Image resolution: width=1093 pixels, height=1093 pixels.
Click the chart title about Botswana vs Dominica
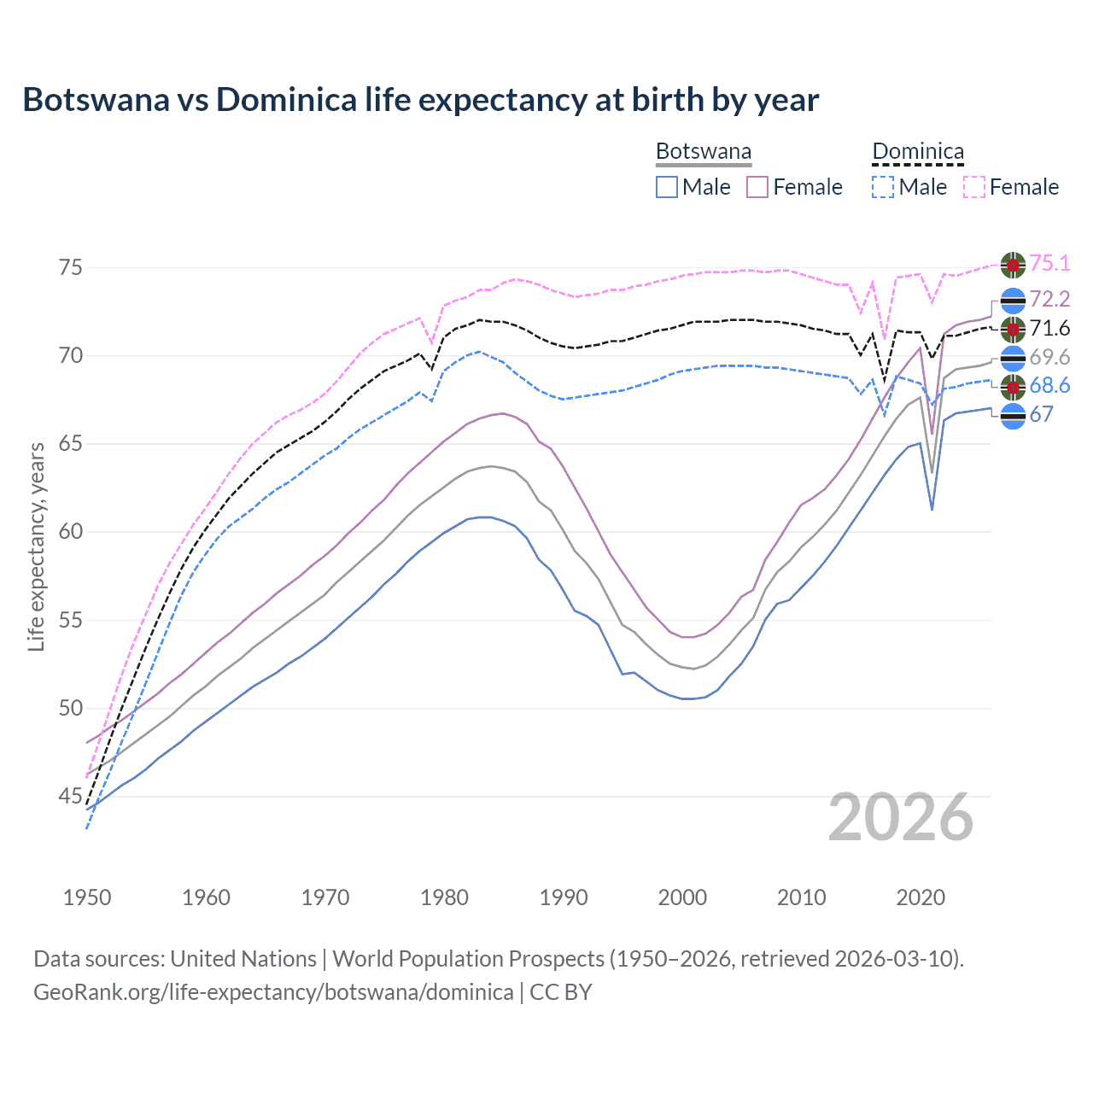point(420,100)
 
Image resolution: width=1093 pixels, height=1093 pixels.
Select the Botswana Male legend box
point(667,187)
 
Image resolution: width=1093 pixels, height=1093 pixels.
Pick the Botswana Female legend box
point(757,187)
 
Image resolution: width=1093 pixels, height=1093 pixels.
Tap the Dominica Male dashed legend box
point(883,187)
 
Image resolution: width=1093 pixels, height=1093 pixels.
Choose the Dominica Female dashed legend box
point(973,187)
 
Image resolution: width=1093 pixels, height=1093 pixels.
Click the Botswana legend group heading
point(704,152)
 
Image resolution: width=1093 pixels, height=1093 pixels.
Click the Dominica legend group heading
point(918,152)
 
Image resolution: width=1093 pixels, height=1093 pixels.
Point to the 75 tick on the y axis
point(71,268)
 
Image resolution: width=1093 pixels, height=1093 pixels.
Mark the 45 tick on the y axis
point(71,797)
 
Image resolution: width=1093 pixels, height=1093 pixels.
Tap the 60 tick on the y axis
point(71,532)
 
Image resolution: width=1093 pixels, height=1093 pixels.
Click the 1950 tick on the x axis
point(87,897)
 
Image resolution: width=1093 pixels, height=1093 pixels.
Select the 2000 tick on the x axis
point(682,897)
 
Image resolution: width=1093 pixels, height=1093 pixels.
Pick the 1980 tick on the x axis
point(444,897)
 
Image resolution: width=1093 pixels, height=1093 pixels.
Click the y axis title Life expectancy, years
point(36,546)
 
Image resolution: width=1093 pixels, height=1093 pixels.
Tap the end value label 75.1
point(1049,264)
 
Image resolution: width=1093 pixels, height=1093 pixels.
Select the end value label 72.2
point(1049,299)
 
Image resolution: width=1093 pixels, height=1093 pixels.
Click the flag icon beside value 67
point(1013,417)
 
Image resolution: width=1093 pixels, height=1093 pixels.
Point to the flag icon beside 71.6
point(1013,330)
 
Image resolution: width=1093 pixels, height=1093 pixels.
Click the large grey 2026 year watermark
point(900,817)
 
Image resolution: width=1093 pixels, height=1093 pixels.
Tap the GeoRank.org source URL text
point(273,992)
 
